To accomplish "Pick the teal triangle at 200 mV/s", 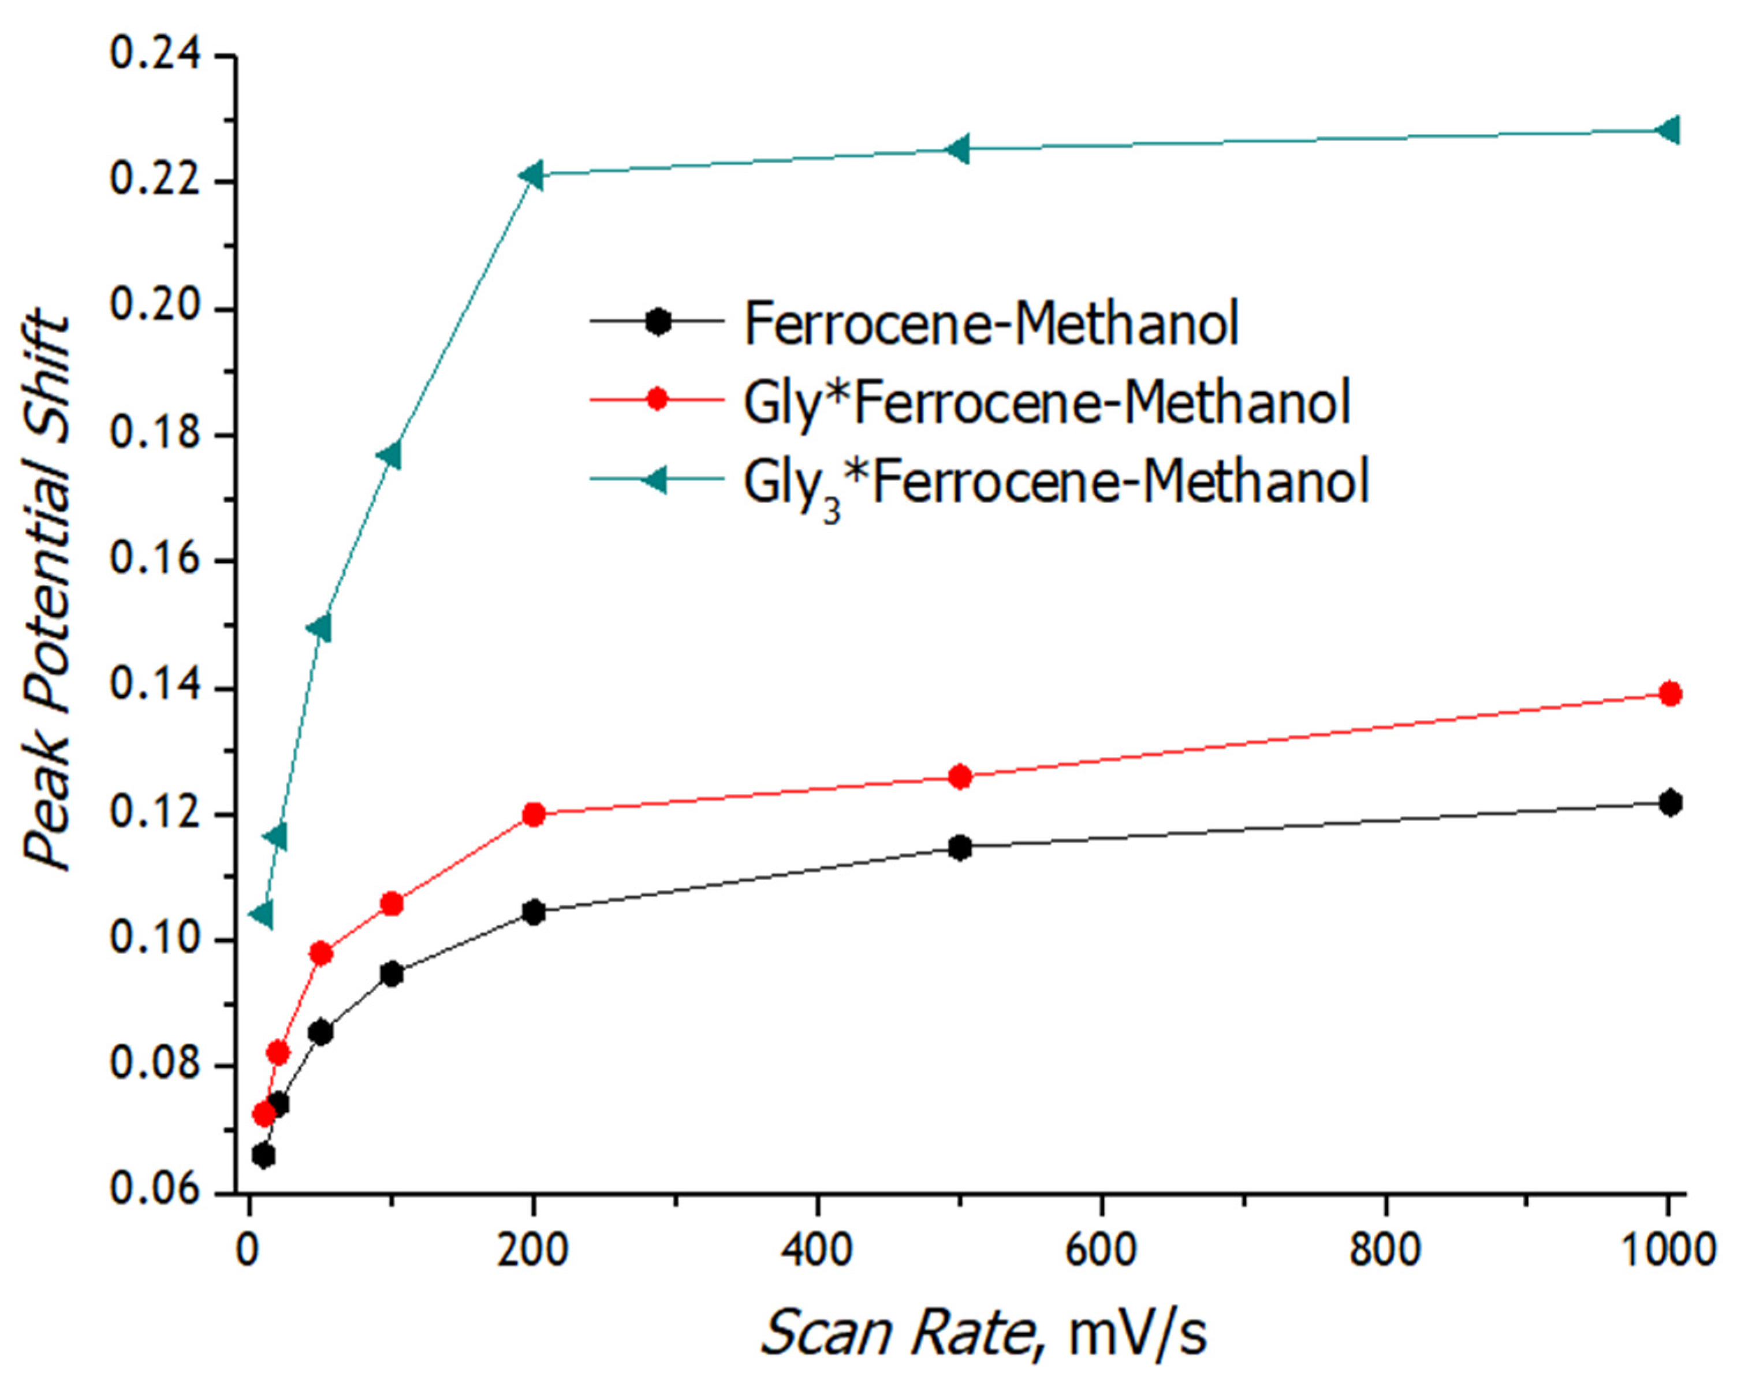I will tap(532, 175).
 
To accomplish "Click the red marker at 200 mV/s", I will tap(534, 815).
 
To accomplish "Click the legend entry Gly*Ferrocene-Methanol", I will tap(1046, 401).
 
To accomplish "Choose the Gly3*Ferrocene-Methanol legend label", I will tap(1056, 482).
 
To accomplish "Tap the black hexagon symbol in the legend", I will tap(658, 322).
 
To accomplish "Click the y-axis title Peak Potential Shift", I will tap(47, 592).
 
